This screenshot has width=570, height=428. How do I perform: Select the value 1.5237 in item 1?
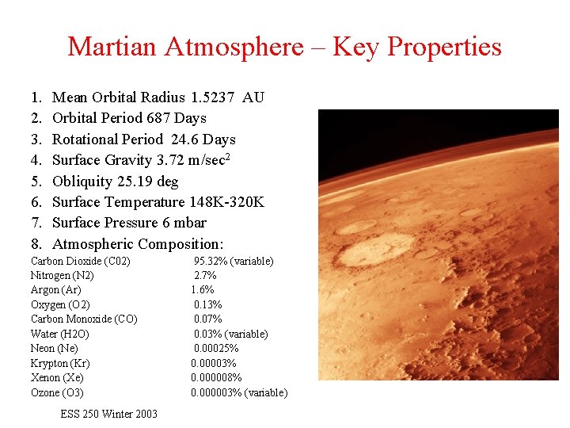212,97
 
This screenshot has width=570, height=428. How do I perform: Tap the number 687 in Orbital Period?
158,118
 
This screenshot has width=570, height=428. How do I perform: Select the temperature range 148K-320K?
226,202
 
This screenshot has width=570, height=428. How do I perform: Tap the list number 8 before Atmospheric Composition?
36,244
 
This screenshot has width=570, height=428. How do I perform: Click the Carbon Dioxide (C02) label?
80,261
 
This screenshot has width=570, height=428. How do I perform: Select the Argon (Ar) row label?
55,290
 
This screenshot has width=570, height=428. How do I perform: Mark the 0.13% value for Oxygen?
207,304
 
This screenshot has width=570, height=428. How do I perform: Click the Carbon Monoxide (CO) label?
83,319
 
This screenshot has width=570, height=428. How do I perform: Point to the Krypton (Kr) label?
59,363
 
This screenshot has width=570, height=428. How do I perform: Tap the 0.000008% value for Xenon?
216,378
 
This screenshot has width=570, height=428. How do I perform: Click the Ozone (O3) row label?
56,392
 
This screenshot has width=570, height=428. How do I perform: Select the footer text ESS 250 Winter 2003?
108,414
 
